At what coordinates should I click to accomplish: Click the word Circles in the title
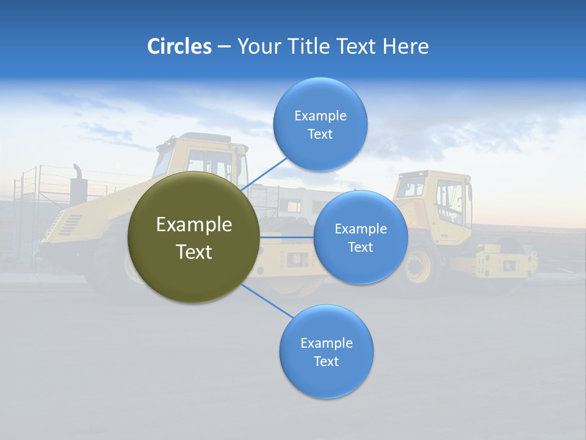179,46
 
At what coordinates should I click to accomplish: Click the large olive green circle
194,237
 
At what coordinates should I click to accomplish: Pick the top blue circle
320,124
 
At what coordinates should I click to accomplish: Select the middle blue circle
360,237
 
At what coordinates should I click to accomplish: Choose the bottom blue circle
326,351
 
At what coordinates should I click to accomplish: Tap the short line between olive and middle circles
286,237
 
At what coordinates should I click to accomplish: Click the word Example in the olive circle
194,225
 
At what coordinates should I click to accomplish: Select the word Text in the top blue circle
320,134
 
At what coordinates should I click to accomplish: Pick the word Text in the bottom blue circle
326,362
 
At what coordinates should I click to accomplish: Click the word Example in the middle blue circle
360,229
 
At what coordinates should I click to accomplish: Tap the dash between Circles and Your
224,47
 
